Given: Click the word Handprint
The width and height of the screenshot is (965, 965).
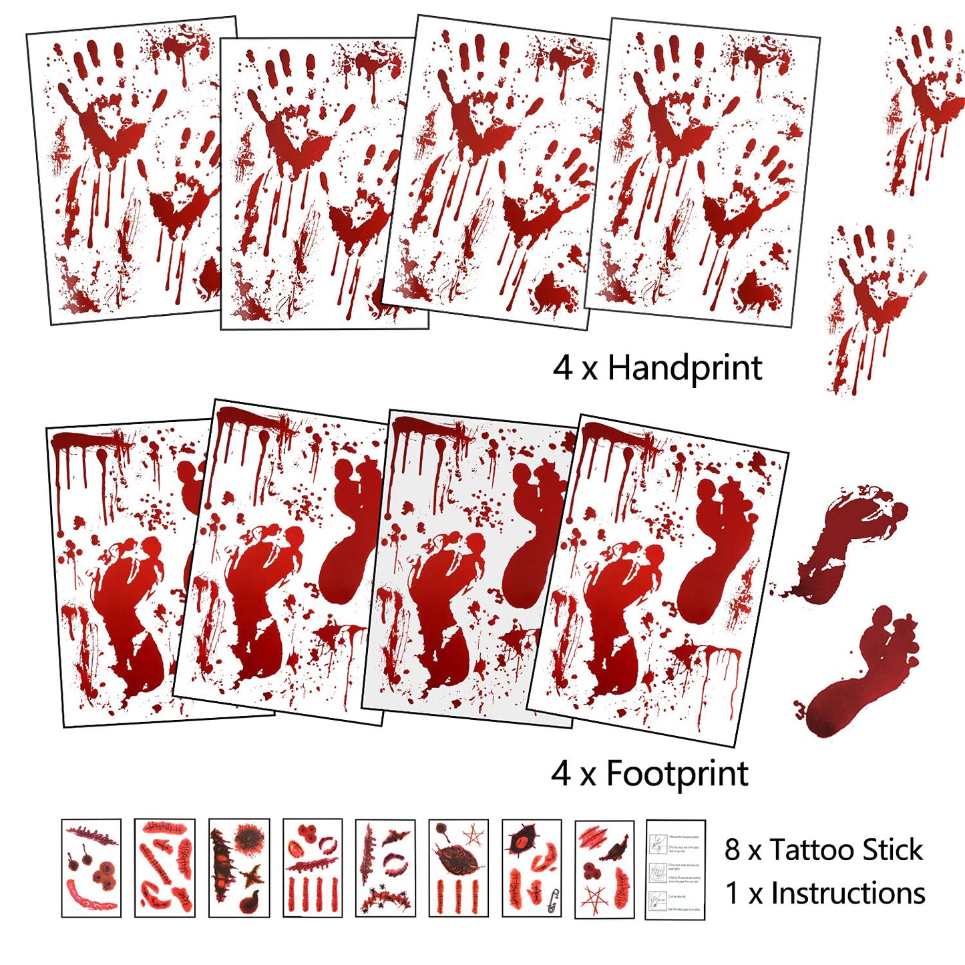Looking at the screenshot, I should (684, 368).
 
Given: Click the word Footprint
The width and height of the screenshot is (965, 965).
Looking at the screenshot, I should (677, 774).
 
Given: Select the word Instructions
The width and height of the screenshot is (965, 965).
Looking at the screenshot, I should (848, 894).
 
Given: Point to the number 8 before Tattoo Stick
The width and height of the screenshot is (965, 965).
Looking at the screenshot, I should (733, 851).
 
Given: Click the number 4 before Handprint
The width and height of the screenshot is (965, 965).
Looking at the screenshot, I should (562, 369).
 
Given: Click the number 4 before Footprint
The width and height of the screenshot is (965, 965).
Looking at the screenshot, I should (561, 775).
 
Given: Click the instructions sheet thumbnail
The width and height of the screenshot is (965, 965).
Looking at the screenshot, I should (674, 869).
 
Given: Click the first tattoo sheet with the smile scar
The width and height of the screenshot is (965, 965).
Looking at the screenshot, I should (91, 868).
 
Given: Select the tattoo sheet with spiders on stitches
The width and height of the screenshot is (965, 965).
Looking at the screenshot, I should (385, 868).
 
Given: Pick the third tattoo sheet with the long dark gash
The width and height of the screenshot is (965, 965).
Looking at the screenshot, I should (238, 868).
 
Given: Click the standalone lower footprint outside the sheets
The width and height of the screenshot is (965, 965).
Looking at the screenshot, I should (861, 674).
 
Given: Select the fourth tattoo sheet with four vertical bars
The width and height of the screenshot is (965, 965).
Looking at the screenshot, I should (312, 868).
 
